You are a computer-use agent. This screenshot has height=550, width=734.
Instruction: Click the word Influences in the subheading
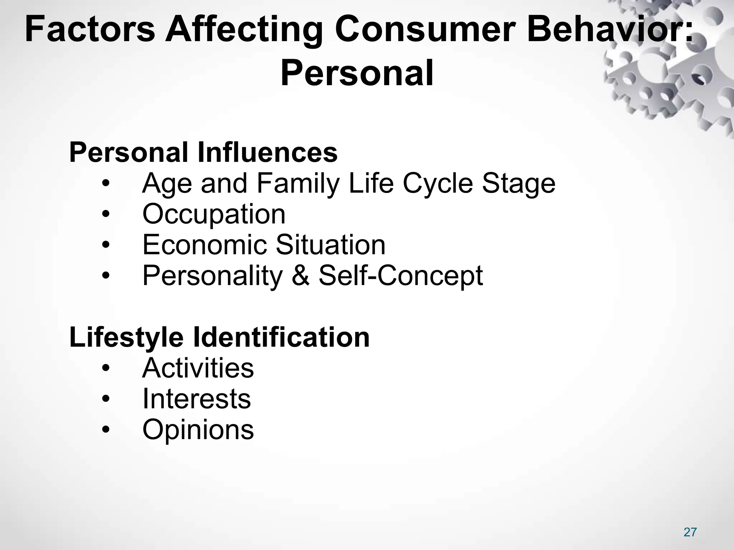coord(267,153)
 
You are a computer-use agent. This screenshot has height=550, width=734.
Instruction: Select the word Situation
coord(330,245)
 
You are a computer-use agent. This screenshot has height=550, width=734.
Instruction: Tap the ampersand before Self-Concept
coord(300,276)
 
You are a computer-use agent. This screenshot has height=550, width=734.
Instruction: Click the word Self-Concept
coord(401,276)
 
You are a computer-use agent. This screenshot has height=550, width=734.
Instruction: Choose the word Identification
coord(281,338)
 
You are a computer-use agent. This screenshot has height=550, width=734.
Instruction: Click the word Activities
coord(198,368)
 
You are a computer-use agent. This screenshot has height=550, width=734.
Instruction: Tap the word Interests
coord(197,399)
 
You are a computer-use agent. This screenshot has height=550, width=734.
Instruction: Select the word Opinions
coord(198,430)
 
